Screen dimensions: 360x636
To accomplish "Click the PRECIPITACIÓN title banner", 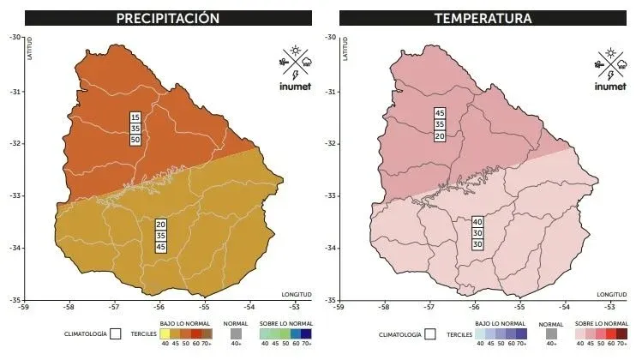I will tap(168, 18).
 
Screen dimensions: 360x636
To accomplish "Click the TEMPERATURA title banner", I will tap(483, 18).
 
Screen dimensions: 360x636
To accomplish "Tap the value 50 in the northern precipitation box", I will tap(135, 140).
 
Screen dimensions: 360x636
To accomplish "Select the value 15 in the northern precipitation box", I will tap(135, 117).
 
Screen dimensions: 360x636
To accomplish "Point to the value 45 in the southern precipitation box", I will tap(161, 247).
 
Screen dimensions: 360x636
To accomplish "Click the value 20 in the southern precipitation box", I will tap(161, 225).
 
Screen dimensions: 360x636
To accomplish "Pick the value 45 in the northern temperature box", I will tap(440, 113).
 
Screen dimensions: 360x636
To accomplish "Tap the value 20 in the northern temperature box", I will tap(440, 135).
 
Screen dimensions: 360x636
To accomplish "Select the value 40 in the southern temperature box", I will tap(477, 222).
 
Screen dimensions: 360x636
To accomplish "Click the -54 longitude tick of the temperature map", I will tap(565, 307).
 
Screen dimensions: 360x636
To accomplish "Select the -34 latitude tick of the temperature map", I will tap(329, 249).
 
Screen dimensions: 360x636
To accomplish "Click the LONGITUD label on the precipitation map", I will tap(296, 294).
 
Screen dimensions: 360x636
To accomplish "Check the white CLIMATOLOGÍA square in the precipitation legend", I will tap(114, 333).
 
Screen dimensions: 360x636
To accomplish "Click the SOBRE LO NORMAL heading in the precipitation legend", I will tap(287, 324).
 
